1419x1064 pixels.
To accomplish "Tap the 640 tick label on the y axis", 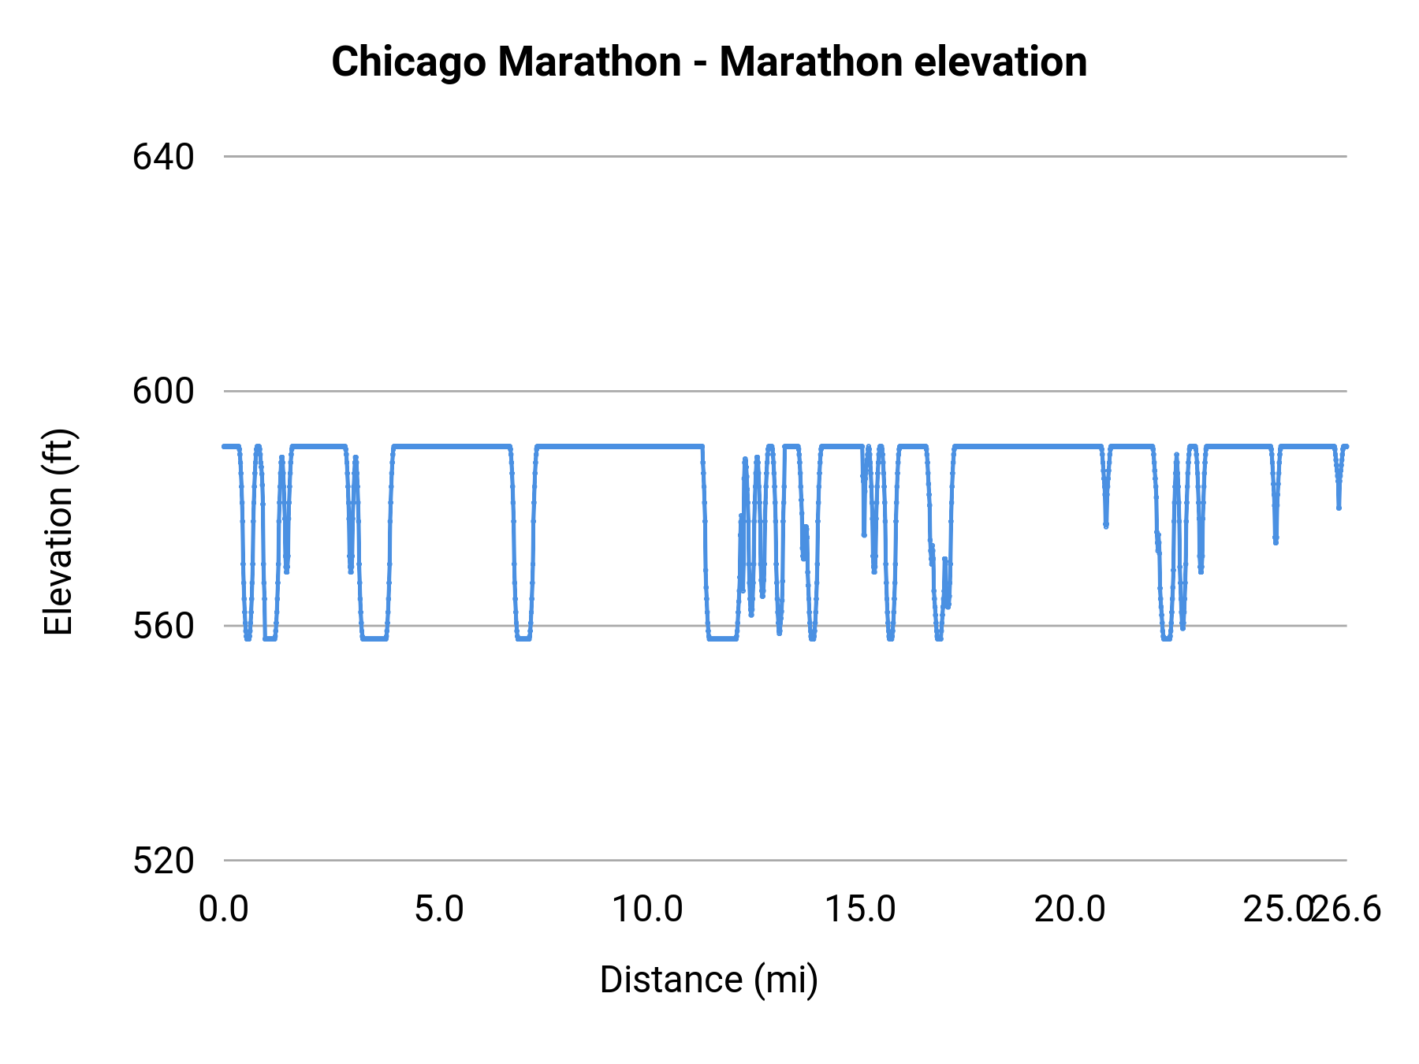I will [x=163, y=157].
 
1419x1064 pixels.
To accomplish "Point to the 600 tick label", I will [x=163, y=391].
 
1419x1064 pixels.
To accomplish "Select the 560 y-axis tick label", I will [x=163, y=626].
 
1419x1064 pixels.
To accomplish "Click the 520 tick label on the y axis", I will [x=163, y=861].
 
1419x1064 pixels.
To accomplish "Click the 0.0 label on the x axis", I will [x=224, y=910].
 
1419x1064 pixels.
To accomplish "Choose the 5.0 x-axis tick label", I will [x=439, y=910].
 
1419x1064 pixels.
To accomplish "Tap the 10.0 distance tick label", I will [x=647, y=910].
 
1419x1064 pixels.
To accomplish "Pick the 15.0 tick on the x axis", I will [x=860, y=910].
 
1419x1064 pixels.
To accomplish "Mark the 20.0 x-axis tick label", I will [x=1070, y=910].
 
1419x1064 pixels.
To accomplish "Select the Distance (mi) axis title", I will [x=709, y=980].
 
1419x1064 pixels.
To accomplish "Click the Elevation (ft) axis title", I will [x=58, y=532].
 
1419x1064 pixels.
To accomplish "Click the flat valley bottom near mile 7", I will [x=523, y=638].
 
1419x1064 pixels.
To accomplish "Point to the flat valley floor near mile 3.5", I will [x=374, y=638].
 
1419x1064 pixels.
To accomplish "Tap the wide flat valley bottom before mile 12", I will [x=722, y=638].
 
